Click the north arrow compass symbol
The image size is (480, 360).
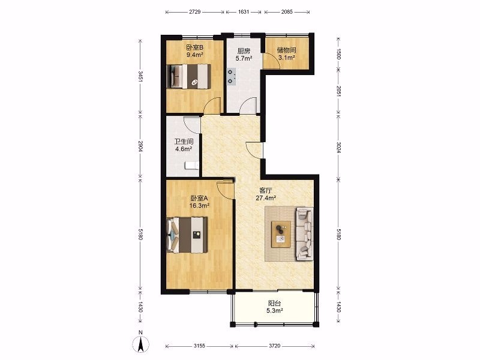click(x=141, y=344)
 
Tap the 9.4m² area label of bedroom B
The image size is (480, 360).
click(x=195, y=55)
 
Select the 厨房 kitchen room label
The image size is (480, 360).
click(x=244, y=51)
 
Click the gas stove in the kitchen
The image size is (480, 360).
click(x=231, y=76)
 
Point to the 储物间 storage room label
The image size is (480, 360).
click(x=286, y=50)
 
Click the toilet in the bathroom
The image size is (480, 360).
click(x=191, y=166)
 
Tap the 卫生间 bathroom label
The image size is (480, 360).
click(x=184, y=142)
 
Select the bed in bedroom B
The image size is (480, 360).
click(x=189, y=77)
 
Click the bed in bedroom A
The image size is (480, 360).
click(x=187, y=235)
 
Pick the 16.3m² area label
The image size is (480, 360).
click(x=199, y=206)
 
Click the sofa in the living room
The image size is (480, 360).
click(x=305, y=234)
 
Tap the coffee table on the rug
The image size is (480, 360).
click(x=281, y=234)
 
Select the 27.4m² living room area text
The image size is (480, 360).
click(x=266, y=198)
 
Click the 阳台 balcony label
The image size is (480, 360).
click(x=274, y=304)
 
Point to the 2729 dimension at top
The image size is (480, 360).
click(x=194, y=12)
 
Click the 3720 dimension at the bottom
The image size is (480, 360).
click(x=275, y=346)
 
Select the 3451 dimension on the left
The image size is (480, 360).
click(x=140, y=77)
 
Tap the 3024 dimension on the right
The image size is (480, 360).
click(x=338, y=148)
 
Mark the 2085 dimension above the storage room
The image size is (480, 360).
click(x=287, y=12)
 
